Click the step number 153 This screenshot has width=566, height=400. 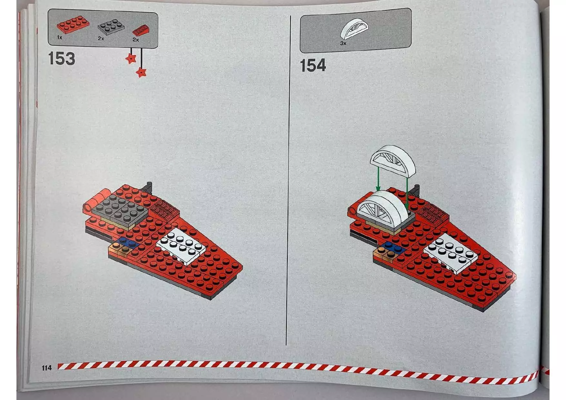coord(61,59)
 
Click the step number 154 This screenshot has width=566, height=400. coord(313,65)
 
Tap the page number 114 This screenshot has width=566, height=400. coord(46,368)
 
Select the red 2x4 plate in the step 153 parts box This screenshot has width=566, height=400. coord(73,25)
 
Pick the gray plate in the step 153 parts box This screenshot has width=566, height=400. coord(111,27)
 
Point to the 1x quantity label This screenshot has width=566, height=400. coord(60,38)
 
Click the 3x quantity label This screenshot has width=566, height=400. coord(343,43)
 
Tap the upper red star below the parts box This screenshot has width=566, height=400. coord(131,58)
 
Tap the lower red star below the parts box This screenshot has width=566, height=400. coord(141,72)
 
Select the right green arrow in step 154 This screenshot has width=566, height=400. coord(407,194)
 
